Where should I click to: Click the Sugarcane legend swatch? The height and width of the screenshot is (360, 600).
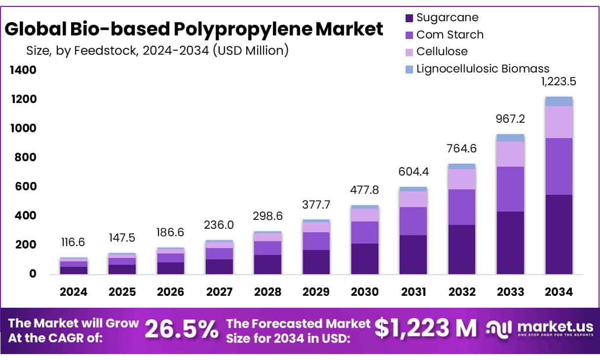(409, 18)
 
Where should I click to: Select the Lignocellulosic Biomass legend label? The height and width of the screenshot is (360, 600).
(483, 69)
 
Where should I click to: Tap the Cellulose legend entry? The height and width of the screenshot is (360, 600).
(442, 51)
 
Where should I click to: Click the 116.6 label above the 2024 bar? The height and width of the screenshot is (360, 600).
(74, 243)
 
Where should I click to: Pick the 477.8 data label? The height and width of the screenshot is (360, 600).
(365, 190)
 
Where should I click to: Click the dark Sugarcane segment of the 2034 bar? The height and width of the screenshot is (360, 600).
(559, 234)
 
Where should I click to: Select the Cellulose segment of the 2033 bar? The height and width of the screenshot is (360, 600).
(510, 154)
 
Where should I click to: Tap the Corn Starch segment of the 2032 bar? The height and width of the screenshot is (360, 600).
(462, 207)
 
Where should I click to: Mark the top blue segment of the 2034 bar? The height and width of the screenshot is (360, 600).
(559, 101)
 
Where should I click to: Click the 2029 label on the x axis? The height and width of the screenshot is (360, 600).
(316, 292)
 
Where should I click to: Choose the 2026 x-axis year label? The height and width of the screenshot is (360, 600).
(171, 292)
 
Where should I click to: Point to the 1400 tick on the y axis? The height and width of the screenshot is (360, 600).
(23, 71)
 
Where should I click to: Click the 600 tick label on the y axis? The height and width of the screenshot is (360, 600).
(26, 187)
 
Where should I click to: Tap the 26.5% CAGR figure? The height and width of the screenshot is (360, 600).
(182, 329)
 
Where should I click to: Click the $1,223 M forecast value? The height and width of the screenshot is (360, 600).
(426, 328)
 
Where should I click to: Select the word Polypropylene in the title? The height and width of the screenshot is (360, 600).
(242, 30)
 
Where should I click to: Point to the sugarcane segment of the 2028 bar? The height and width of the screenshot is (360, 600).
(268, 264)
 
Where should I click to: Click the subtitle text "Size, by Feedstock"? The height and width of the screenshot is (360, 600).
(90, 50)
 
